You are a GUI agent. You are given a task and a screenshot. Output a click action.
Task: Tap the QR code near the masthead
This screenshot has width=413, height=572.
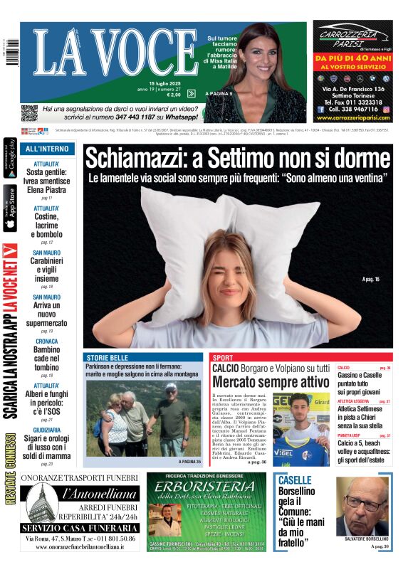pyautogui.click(x=29, y=112)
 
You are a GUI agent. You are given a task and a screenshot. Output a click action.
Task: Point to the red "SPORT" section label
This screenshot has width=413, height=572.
pyautogui.click(x=223, y=358)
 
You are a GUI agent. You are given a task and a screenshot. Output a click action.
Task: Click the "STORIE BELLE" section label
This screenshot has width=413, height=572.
pyautogui.click(x=108, y=357)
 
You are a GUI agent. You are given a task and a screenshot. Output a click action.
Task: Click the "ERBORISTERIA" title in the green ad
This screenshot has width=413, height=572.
pyautogui.click(x=206, y=491)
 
